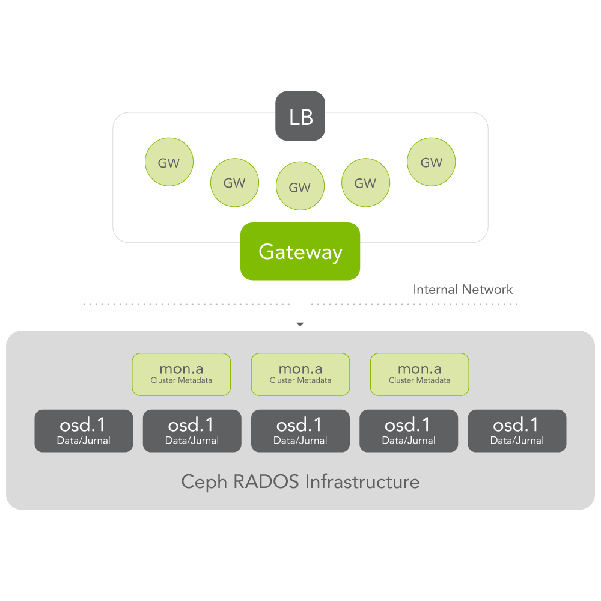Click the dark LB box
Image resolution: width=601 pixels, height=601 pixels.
pos(300,116)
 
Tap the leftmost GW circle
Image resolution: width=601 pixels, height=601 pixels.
pos(169,162)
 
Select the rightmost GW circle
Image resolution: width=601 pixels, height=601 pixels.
pos(431,162)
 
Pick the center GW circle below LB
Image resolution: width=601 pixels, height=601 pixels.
pos(300,186)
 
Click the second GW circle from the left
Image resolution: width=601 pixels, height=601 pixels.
pos(234,183)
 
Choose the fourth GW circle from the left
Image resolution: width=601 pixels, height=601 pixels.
pos(365,183)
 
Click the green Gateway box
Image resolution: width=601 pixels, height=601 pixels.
pos(300,251)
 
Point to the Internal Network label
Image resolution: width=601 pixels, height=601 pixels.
pos(463,290)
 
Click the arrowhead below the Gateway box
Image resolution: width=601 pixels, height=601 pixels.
pos(300,325)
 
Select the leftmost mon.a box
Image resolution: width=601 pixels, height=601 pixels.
pos(181,374)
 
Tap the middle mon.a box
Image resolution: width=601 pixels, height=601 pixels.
pos(300,374)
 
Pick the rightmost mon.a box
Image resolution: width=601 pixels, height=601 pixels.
pos(419,374)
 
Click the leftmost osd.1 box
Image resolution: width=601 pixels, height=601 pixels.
pos(84,430)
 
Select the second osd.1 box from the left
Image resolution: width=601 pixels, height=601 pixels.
pos(192,430)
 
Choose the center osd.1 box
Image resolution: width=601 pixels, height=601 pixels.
pos(300,430)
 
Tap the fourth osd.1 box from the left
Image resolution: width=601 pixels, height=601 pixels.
pos(409,430)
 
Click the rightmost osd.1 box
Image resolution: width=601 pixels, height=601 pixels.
pos(517,430)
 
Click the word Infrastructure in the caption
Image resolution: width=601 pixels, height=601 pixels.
pos(362,481)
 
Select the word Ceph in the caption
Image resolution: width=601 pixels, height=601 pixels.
pos(203,482)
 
